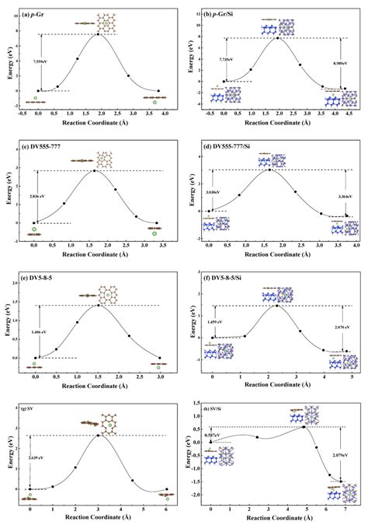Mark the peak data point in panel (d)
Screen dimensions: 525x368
[x=269, y=169]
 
